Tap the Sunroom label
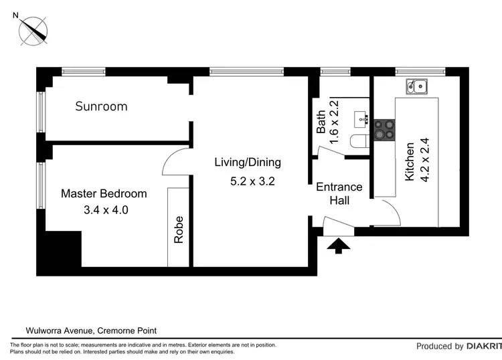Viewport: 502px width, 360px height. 101,106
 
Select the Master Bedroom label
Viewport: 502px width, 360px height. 104,194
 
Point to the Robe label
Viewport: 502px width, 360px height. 179,230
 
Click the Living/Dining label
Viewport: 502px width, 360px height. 248,162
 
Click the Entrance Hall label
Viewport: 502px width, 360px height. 339,193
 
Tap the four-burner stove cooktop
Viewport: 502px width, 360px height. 384,129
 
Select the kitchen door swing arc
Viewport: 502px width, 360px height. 388,212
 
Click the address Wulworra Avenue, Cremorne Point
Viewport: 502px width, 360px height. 91,330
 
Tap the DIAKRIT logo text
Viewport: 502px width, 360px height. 483,347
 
